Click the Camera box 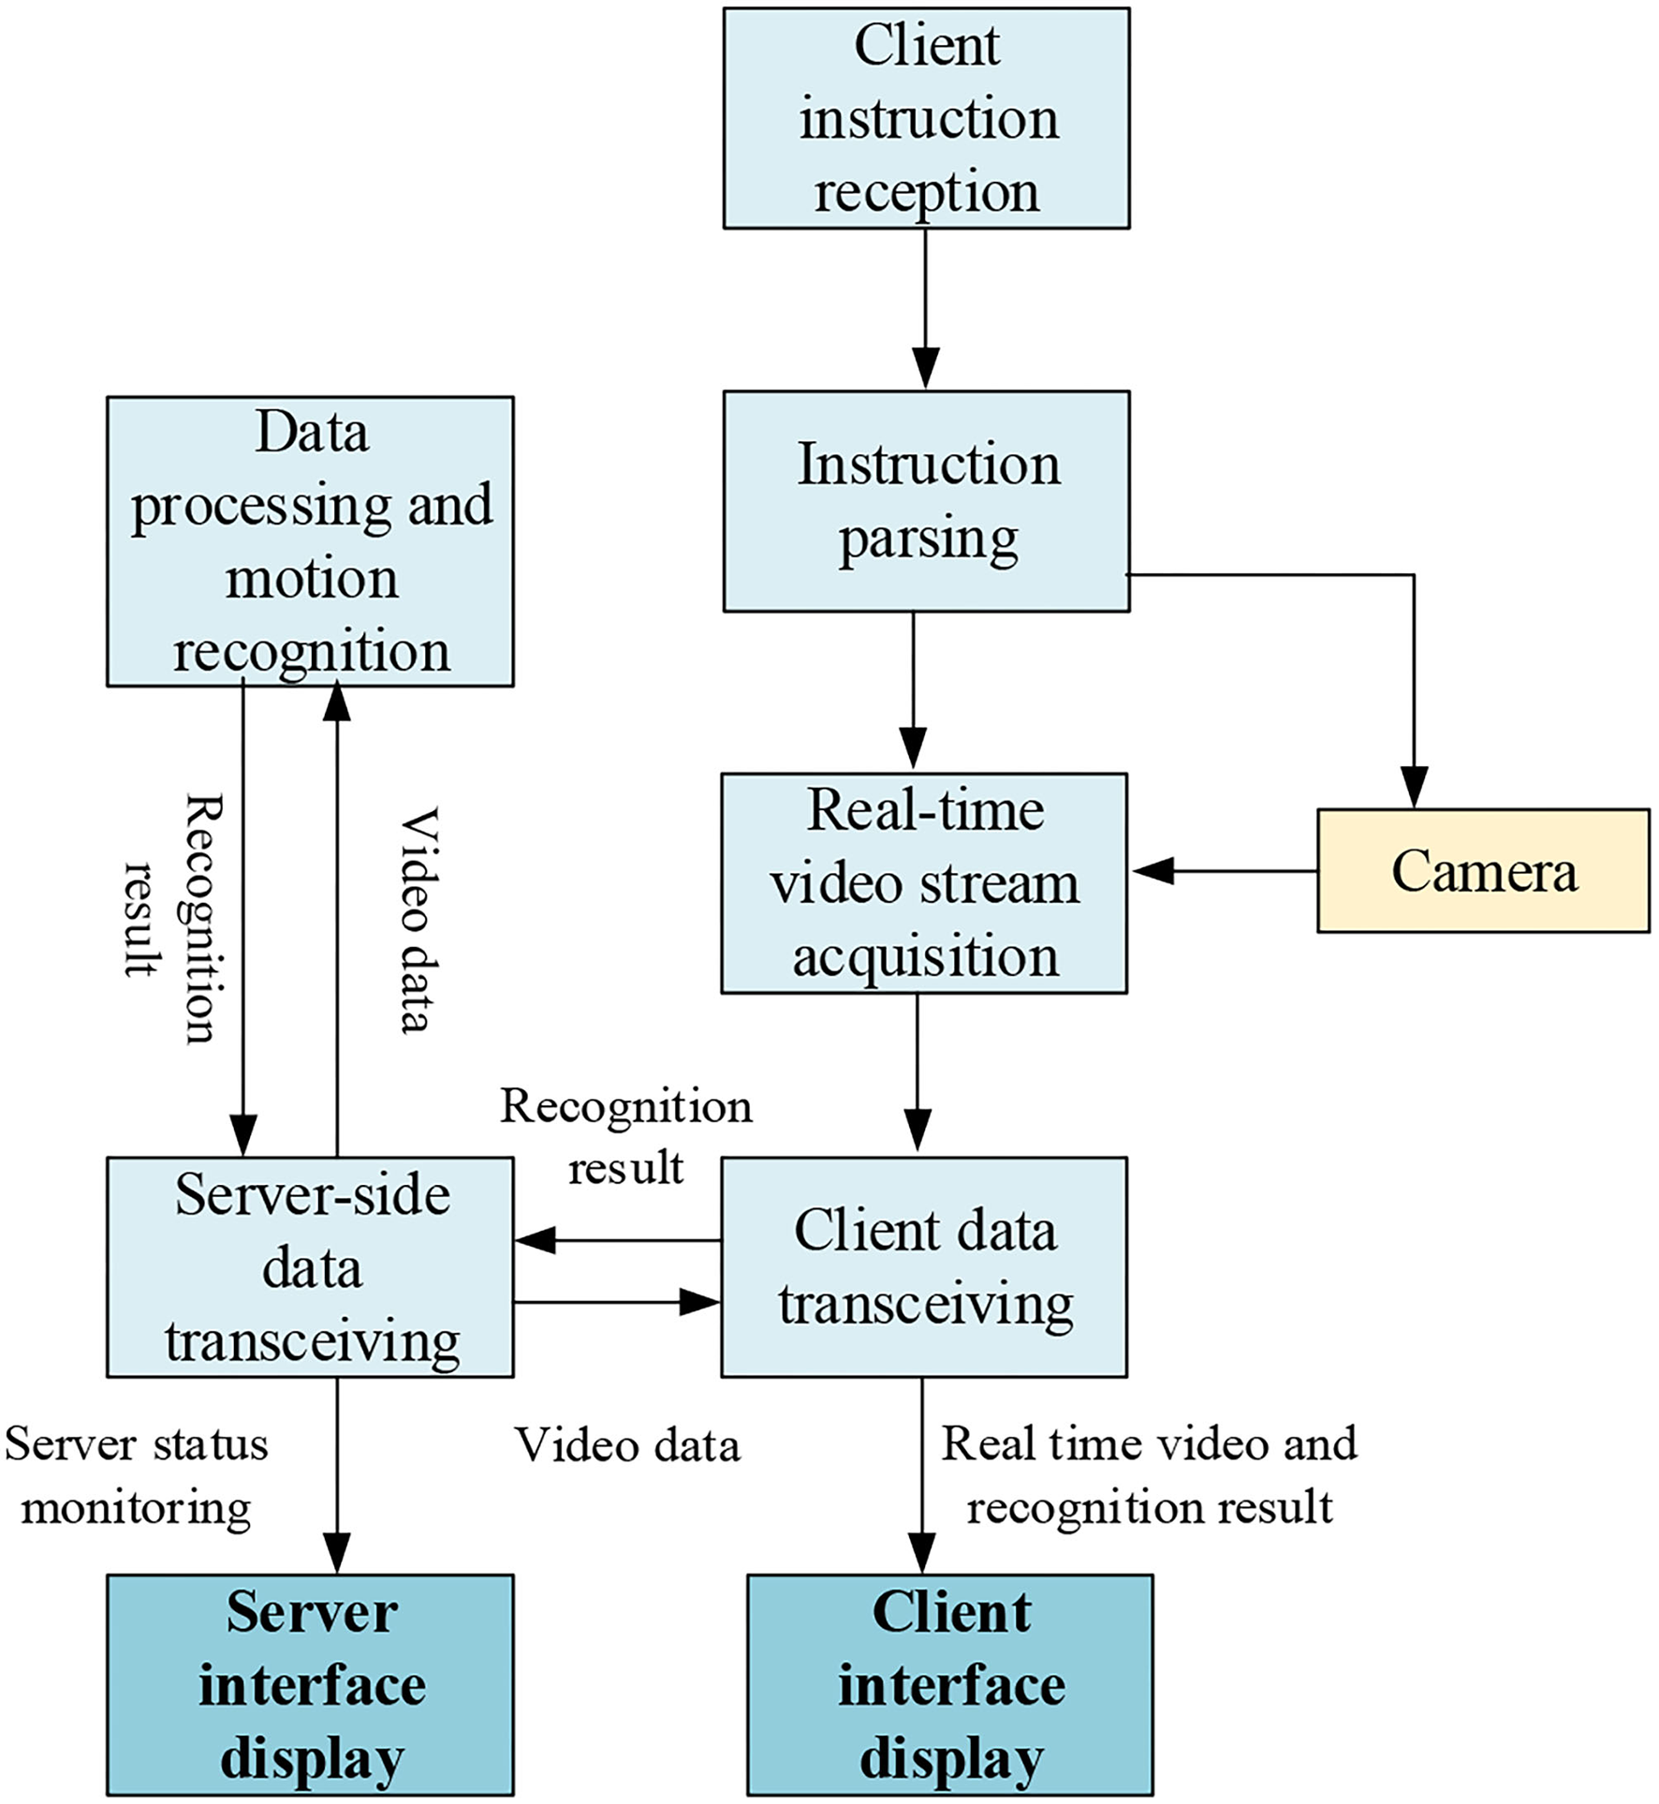click(x=1482, y=870)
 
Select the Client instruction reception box click(x=926, y=118)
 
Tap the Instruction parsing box click(x=926, y=501)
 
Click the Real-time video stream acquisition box click(x=924, y=882)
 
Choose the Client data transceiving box click(x=924, y=1266)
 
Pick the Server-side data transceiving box click(x=310, y=1266)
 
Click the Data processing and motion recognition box click(x=310, y=541)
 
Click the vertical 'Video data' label click(x=417, y=920)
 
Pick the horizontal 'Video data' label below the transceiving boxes click(x=627, y=1445)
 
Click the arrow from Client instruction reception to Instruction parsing click(x=925, y=309)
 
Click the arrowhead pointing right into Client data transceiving click(x=698, y=1302)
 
